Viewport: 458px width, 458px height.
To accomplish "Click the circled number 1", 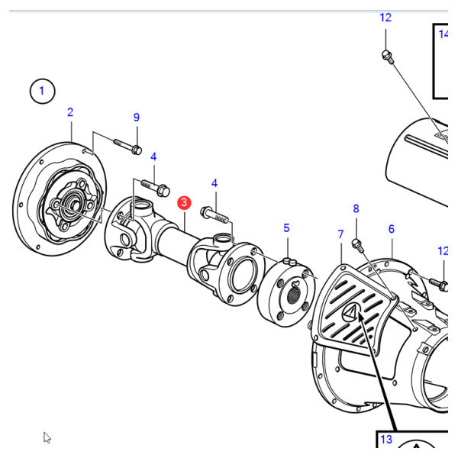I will pyautogui.click(x=43, y=92).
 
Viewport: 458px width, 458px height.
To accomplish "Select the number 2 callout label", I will pyautogui.click(x=70, y=112).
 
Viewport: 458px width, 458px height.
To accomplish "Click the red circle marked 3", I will pyautogui.click(x=184, y=203).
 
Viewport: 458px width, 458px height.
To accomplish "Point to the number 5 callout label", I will pyautogui.click(x=286, y=227).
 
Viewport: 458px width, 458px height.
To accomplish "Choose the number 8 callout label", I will pyautogui.click(x=355, y=208).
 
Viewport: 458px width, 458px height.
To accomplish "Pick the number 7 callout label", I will pyautogui.click(x=341, y=234).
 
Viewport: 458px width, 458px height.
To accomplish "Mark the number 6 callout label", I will pyautogui.click(x=391, y=229).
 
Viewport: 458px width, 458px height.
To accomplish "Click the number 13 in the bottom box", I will pyautogui.click(x=385, y=440).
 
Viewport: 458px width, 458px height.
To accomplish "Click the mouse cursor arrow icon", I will pyautogui.click(x=47, y=437).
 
